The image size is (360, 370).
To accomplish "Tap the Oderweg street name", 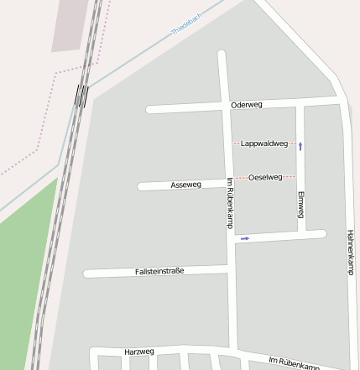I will click(x=247, y=105).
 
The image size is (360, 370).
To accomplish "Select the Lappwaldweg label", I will click(x=263, y=143).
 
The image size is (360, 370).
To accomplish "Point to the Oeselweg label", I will click(x=265, y=177).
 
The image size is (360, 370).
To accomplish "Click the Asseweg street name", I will click(x=185, y=185).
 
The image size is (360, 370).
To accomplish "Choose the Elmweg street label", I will click(x=300, y=204).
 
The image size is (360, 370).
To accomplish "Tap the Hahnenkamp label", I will click(x=349, y=251).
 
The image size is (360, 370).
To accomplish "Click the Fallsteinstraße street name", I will click(x=159, y=271).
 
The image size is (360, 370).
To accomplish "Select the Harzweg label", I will click(x=138, y=351).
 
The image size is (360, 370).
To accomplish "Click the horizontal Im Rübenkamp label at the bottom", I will click(x=294, y=362).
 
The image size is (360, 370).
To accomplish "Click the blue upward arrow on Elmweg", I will click(x=300, y=146).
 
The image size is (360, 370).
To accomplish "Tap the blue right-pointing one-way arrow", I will click(x=245, y=239).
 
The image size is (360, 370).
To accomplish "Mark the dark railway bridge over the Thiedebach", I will click(x=81, y=95).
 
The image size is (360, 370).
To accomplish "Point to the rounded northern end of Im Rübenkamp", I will click(x=222, y=56).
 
